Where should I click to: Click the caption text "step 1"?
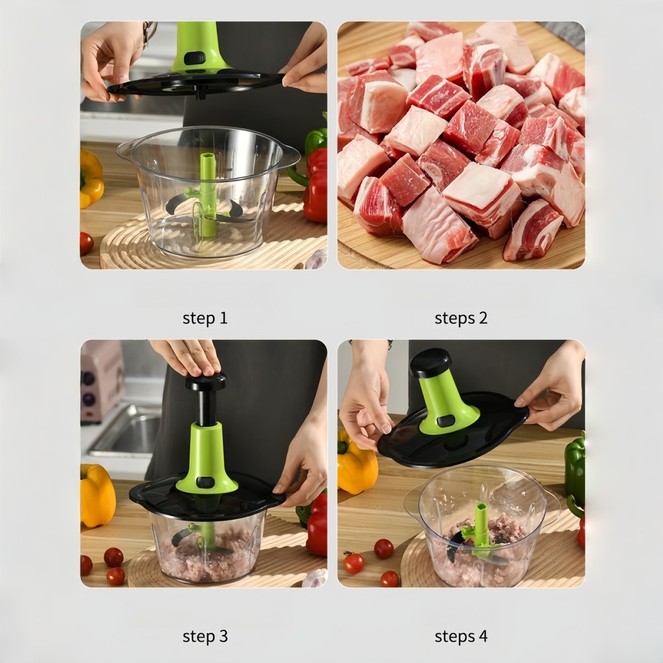click(205, 318)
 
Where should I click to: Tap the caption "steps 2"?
click(461, 318)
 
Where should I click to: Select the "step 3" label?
click(205, 636)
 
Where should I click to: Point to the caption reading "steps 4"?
click(461, 636)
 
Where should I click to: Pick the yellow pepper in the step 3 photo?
click(97, 495)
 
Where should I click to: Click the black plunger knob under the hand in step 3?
click(206, 382)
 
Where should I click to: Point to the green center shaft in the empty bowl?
click(207, 194)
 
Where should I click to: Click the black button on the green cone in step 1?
click(195, 58)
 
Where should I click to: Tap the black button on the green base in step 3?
click(206, 482)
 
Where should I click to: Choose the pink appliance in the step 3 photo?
click(102, 381)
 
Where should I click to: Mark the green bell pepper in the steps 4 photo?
click(575, 469)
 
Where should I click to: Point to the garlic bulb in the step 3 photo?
click(315, 578)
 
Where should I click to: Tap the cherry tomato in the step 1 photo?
click(86, 243)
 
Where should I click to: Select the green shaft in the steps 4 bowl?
click(481, 528)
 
